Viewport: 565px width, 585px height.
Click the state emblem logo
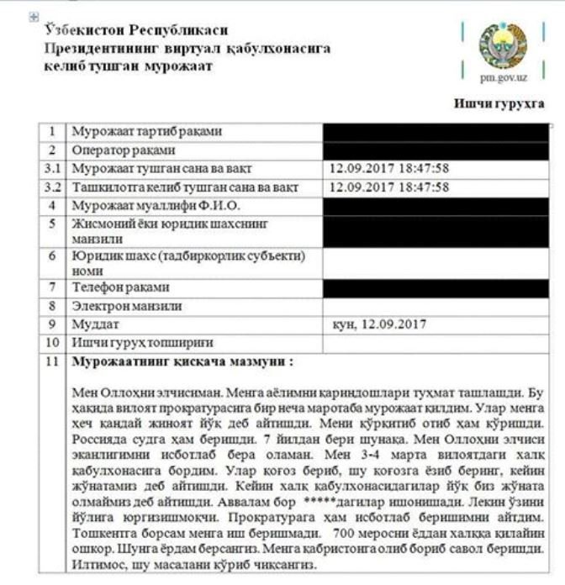click(503, 45)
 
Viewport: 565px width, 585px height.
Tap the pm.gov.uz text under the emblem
click(504, 78)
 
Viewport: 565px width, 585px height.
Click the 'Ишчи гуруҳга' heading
click(499, 104)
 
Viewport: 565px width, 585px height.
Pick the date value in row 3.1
click(389, 168)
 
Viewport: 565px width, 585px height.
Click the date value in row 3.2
click(389, 187)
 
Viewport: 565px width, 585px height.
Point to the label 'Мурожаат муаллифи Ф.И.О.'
click(156, 206)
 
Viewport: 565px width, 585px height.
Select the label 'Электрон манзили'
click(127, 306)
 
